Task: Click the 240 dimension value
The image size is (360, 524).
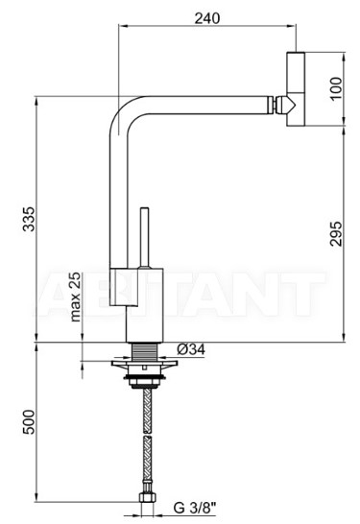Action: coord(207,18)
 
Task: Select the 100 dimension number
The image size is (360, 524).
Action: coord(336,88)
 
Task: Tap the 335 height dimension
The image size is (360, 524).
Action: coord(29,219)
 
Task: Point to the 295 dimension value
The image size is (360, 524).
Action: coord(336,233)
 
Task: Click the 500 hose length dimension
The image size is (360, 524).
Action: coord(29,421)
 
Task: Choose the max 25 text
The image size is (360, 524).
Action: coord(76,297)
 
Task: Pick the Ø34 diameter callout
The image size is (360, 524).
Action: coord(191,349)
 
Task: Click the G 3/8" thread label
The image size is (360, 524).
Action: coord(195,508)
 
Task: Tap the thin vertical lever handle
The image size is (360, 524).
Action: coord(145,238)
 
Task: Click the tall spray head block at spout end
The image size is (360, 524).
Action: coord(296,89)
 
